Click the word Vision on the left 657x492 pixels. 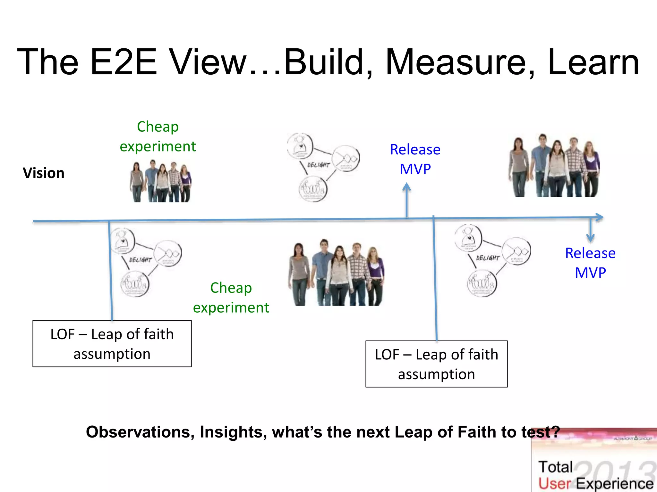point(44,173)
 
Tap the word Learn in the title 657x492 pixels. point(593,62)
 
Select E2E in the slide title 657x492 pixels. point(124,62)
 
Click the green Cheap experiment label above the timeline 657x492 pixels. point(158,136)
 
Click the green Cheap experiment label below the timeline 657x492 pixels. point(231,298)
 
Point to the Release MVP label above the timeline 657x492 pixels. point(415,159)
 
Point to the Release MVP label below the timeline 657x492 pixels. point(590,263)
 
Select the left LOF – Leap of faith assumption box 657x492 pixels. point(112,344)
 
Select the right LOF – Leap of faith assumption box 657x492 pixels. point(436,364)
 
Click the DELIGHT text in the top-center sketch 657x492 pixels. point(318,165)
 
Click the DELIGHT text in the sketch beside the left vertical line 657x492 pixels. point(140,260)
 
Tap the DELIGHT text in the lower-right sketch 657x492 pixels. point(488,258)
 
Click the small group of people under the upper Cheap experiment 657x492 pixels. point(161,182)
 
